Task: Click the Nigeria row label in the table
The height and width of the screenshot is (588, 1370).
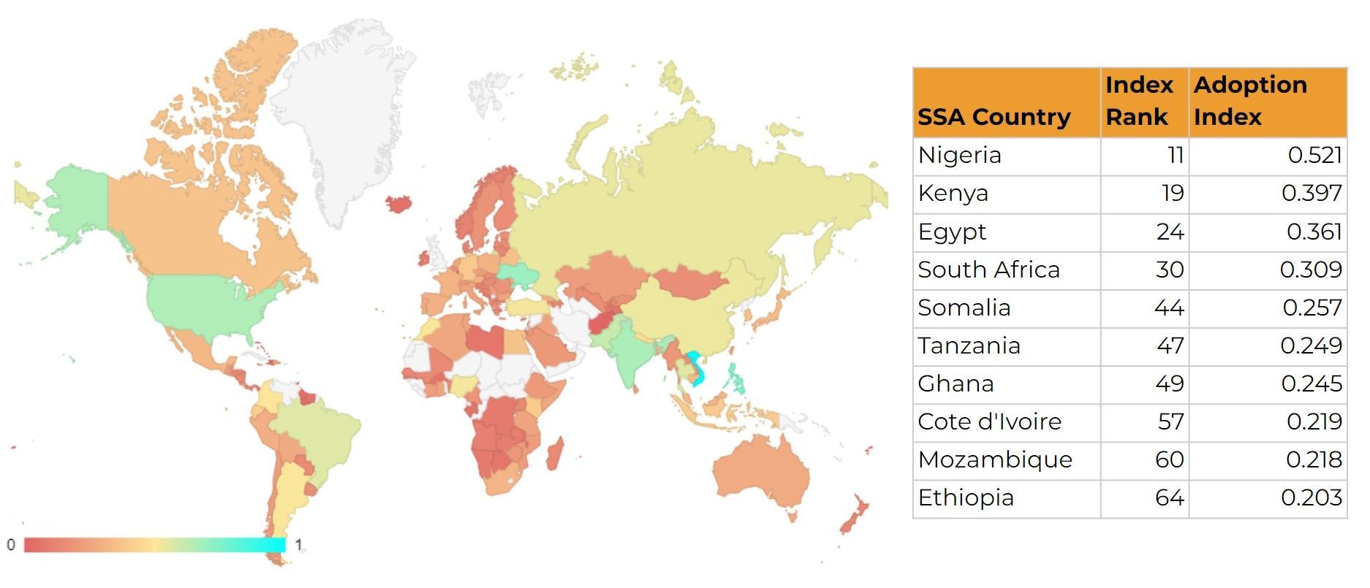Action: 959,156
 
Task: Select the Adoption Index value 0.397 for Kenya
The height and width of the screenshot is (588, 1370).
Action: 1312,194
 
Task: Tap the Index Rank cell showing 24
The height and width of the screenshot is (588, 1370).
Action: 1170,232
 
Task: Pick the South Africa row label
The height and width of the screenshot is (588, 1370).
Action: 988,270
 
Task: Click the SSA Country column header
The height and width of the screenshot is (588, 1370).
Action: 994,117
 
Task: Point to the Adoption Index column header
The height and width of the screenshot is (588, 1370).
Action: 1250,101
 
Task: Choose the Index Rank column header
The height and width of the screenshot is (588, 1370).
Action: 1139,101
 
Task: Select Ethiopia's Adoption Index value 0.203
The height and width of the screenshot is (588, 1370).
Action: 1312,498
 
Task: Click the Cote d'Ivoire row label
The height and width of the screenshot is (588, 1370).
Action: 989,422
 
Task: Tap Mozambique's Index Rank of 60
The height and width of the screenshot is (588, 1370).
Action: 1170,460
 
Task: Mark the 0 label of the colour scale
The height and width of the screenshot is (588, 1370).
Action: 11,545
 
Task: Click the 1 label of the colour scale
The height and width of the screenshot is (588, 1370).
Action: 298,545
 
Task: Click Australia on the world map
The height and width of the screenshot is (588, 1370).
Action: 760,475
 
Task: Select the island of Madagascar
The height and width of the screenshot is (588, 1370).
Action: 555,454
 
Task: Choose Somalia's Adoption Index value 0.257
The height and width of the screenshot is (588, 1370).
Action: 1312,308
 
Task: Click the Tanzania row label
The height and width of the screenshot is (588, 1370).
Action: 969,346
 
